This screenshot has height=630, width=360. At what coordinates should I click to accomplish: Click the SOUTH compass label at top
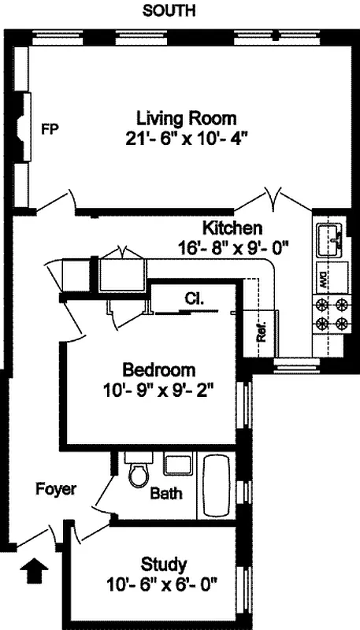tap(169, 11)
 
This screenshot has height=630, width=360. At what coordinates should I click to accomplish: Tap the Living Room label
tap(186, 119)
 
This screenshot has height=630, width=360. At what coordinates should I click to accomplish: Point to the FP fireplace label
tap(50, 129)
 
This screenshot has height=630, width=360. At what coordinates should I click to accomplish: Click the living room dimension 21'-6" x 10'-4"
tap(186, 139)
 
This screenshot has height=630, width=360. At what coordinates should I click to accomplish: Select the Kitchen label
tap(232, 228)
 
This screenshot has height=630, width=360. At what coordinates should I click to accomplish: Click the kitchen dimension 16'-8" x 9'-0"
tap(233, 247)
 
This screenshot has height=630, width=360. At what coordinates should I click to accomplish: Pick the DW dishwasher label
tap(322, 278)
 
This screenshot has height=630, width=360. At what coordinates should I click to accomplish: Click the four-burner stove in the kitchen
tap(332, 313)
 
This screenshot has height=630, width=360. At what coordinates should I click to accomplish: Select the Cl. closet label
tap(195, 299)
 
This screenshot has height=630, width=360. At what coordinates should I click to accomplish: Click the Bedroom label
tap(158, 369)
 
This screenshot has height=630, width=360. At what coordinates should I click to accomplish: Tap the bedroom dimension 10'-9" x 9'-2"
tap(158, 389)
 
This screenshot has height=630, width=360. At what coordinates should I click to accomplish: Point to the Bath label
tap(166, 495)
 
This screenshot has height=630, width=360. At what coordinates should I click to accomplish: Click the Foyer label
tap(56, 489)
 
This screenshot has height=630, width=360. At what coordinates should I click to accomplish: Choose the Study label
tap(164, 564)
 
